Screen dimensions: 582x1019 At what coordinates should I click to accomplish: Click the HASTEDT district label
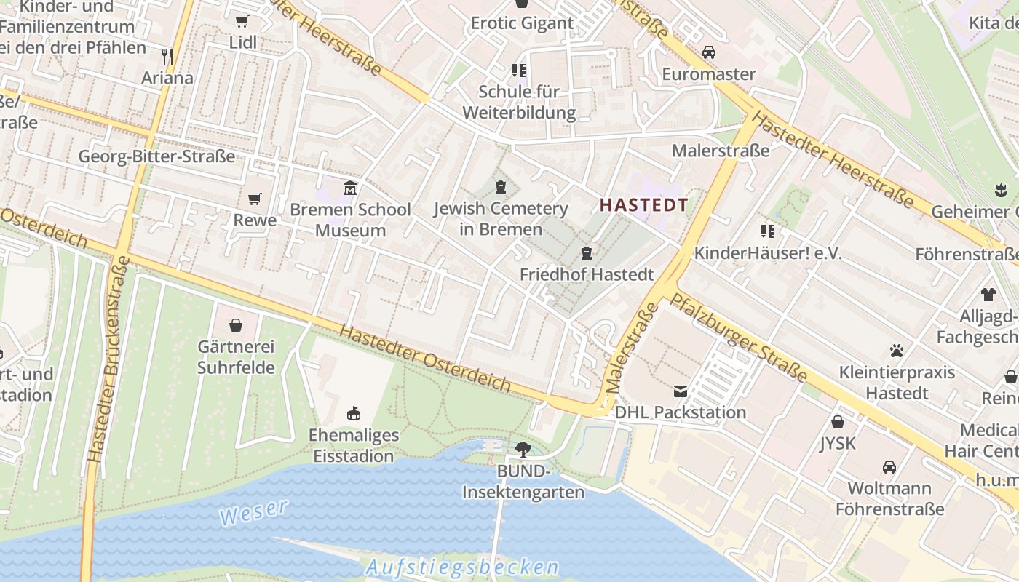pyautogui.click(x=643, y=205)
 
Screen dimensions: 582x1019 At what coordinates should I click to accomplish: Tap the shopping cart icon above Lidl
pyautogui.click(x=242, y=21)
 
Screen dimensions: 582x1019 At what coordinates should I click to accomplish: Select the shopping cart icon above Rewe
pyautogui.click(x=254, y=199)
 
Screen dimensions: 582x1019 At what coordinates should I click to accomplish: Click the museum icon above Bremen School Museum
pyautogui.click(x=350, y=188)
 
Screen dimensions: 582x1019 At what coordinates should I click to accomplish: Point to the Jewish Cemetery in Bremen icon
pyautogui.click(x=500, y=188)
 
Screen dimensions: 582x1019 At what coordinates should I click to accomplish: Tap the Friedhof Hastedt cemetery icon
pyautogui.click(x=586, y=253)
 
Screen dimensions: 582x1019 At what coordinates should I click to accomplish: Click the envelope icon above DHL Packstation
pyautogui.click(x=680, y=391)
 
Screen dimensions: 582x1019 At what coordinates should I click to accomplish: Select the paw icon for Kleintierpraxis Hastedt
pyautogui.click(x=896, y=351)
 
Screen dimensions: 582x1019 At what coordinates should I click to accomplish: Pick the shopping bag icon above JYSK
pyautogui.click(x=838, y=422)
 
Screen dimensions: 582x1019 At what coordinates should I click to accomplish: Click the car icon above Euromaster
pyautogui.click(x=708, y=52)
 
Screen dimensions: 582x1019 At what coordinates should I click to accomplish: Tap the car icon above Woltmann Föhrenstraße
pyautogui.click(x=889, y=466)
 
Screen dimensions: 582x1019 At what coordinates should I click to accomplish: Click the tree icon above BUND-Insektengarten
pyautogui.click(x=523, y=450)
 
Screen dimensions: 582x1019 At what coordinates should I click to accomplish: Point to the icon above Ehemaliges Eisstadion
pyautogui.click(x=354, y=414)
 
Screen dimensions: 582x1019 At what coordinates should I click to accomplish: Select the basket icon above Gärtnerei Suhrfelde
pyautogui.click(x=235, y=325)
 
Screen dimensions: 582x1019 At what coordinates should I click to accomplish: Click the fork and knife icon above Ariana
pyautogui.click(x=167, y=56)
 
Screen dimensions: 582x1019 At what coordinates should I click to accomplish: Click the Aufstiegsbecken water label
pyautogui.click(x=462, y=567)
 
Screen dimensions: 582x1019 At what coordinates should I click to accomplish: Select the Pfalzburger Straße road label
pyautogui.click(x=738, y=337)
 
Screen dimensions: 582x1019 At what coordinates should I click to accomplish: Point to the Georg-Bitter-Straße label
pyautogui.click(x=156, y=156)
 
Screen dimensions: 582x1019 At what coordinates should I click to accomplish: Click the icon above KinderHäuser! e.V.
pyautogui.click(x=767, y=231)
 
